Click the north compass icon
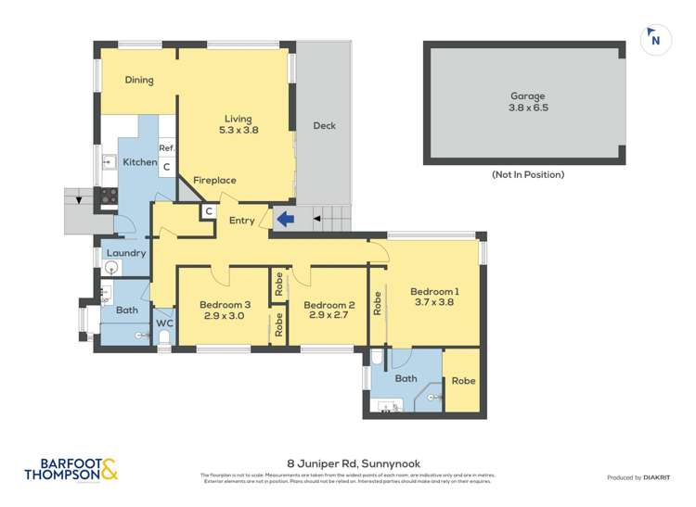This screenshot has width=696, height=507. pos(655,39)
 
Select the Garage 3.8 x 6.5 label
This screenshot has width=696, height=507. pos(527,101)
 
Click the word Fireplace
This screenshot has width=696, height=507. pos(214,180)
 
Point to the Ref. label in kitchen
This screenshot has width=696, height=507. pos(167,148)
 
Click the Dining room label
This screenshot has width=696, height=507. pos(138,80)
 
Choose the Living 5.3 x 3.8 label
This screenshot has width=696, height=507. pos(238,124)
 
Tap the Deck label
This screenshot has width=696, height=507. pos(324,126)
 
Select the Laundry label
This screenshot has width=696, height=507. pos(125,253)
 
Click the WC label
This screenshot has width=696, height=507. pos(164,323)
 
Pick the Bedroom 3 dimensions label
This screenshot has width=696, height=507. pos(223,316)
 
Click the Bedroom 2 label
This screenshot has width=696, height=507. pos(329,305)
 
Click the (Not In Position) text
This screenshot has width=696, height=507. pos(527,174)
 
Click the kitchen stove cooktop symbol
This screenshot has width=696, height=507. pos(109,196)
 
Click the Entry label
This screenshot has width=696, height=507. pos(241,221)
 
